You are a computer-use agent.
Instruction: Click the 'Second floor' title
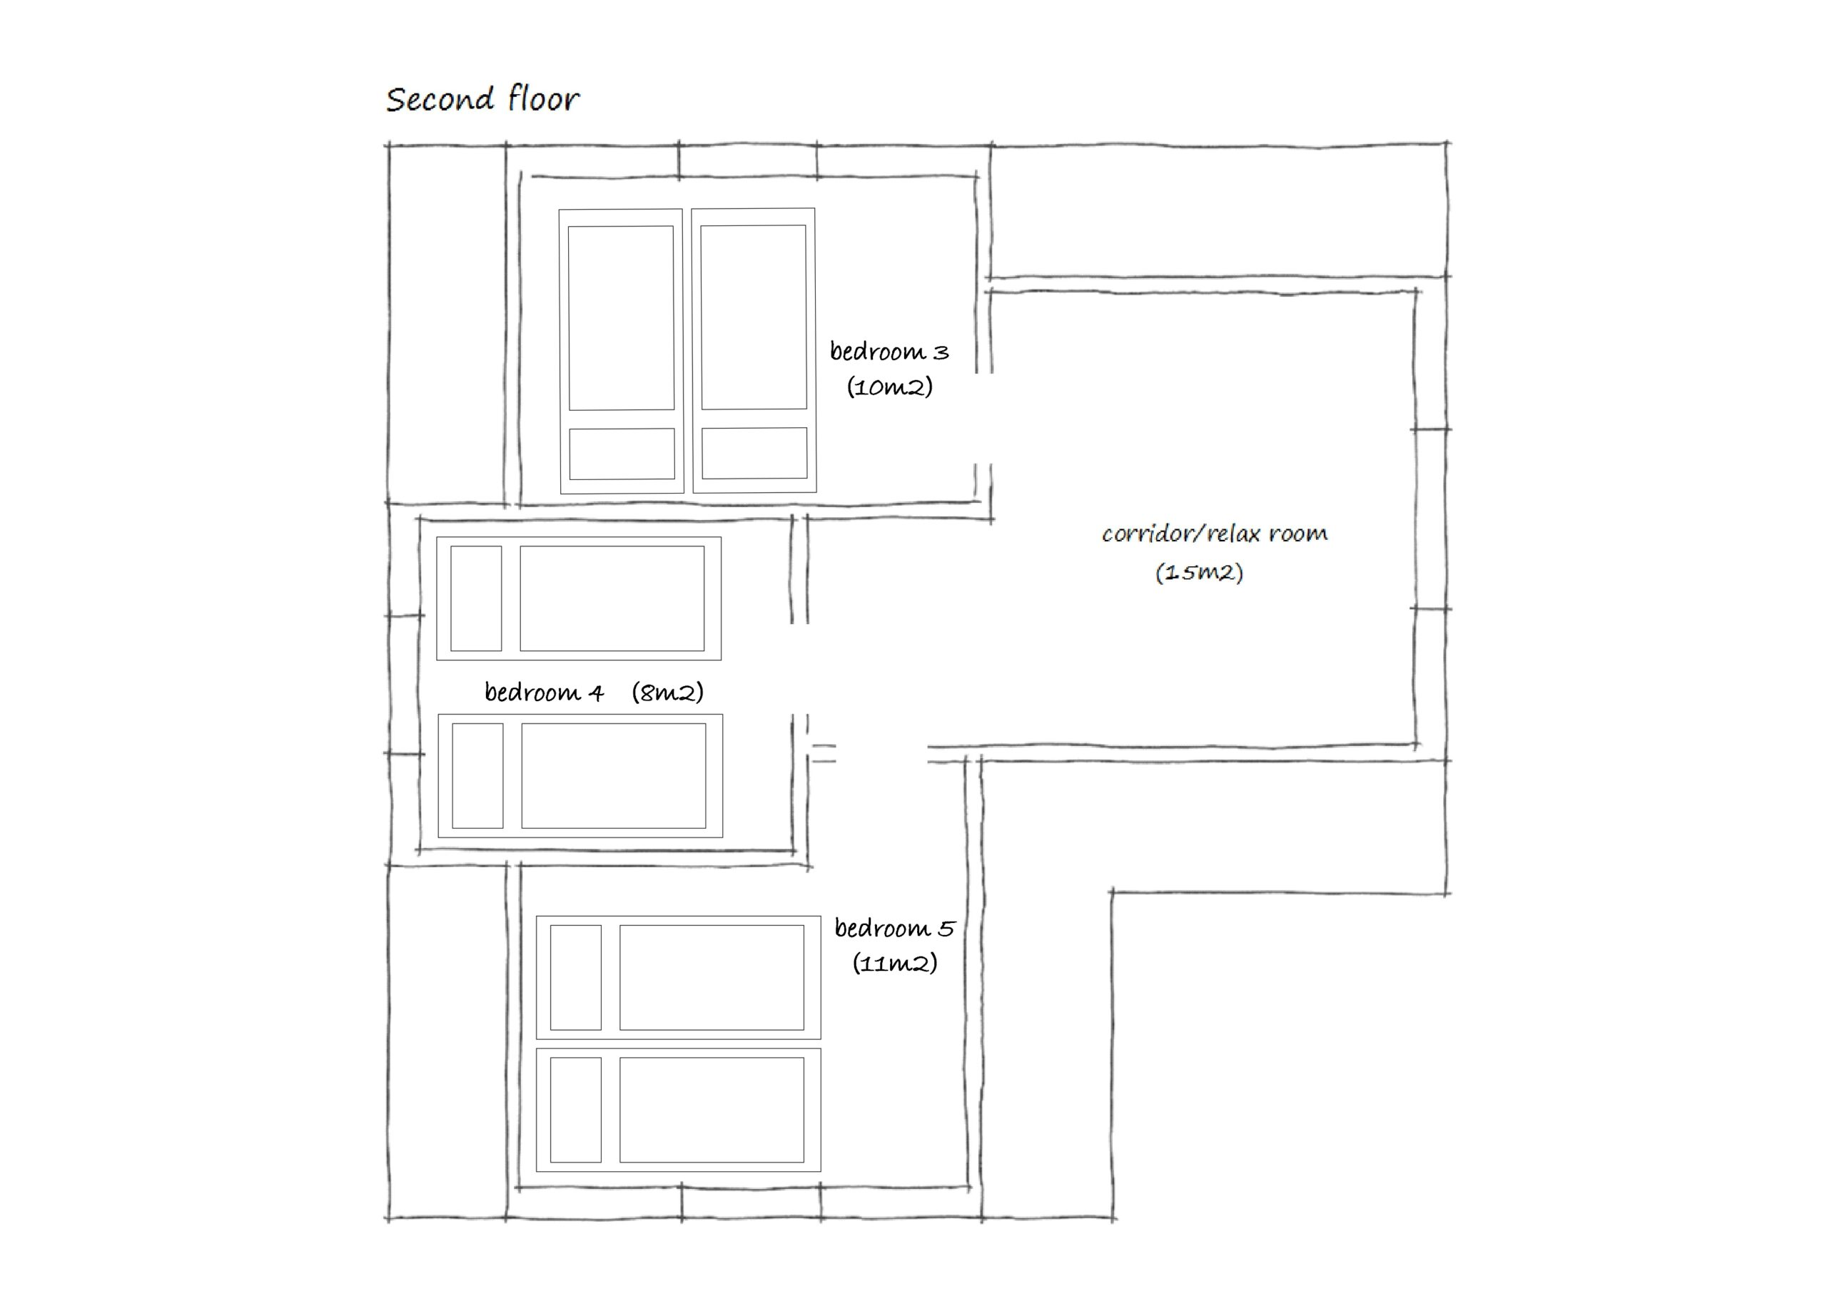482,99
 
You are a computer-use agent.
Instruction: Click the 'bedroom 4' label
544,692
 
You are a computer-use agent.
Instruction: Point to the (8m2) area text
667,692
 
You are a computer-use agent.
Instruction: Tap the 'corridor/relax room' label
1214,533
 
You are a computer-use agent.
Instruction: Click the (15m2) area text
1199,572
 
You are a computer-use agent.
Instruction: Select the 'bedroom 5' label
894,927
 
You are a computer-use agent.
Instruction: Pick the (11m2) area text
894,964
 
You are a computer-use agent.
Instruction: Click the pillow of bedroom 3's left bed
622,454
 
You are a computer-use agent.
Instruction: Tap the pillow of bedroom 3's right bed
754,454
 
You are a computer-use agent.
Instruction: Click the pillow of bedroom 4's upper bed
476,598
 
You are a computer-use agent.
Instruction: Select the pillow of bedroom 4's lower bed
477,775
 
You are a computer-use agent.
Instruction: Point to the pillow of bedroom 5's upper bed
575,978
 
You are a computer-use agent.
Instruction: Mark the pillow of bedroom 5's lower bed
575,1110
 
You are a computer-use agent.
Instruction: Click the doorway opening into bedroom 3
983,419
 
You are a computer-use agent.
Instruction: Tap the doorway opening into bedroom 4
800,669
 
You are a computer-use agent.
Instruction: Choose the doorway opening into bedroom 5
881,753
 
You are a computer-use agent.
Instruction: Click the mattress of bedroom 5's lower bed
712,1110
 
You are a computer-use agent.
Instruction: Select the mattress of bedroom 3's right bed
754,317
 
